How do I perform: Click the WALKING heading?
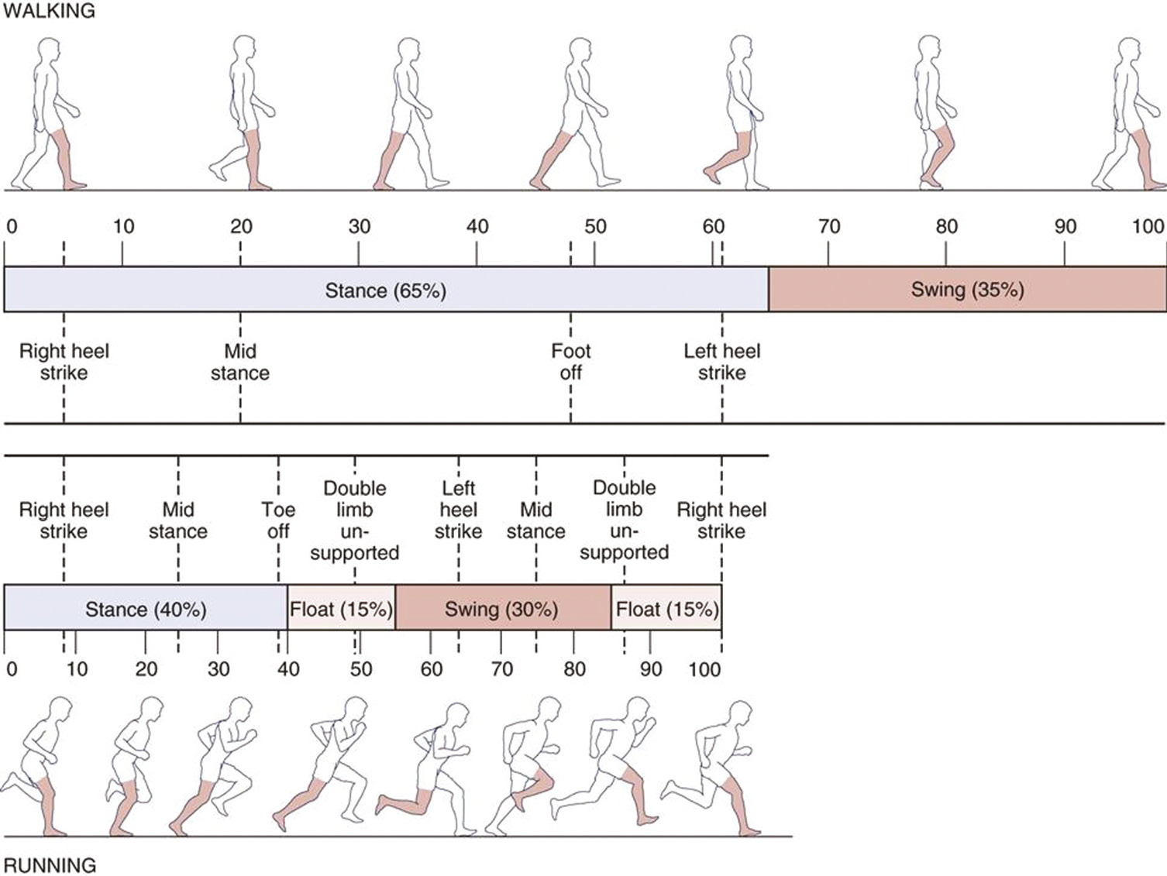tap(49, 11)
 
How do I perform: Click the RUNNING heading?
tap(50, 864)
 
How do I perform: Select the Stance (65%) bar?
tap(386, 290)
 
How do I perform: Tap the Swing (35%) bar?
tap(967, 290)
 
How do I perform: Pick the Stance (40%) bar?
tap(146, 610)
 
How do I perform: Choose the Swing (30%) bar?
tap(501, 610)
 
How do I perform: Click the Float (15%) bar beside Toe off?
tap(341, 610)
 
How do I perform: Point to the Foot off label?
tap(570, 362)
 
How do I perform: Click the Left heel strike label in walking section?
tap(721, 362)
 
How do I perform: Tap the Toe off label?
tap(277, 520)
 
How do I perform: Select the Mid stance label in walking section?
tap(240, 362)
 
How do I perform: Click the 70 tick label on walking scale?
tap(829, 227)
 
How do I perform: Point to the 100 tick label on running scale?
tap(704, 669)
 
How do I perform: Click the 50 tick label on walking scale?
tap(595, 227)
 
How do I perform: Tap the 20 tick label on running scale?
tap(146, 669)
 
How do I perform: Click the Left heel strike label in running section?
tap(458, 510)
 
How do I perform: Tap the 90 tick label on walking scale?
tap(1065, 227)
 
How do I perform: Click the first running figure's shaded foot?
tap(54, 831)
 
